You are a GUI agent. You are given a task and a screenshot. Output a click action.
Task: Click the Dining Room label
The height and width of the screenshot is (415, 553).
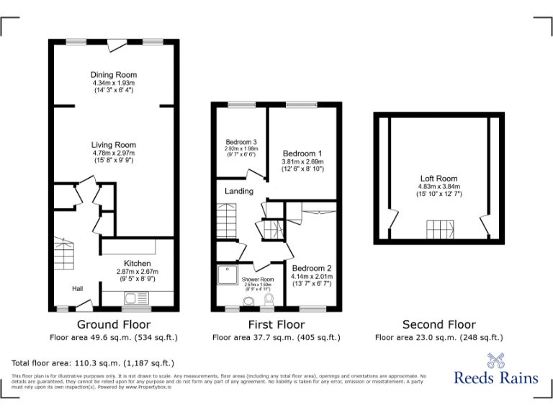click(x=114, y=75)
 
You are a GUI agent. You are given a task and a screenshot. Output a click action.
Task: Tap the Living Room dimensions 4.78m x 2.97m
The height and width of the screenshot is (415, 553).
click(x=114, y=153)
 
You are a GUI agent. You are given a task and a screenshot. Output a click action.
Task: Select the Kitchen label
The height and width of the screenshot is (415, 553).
click(x=137, y=263)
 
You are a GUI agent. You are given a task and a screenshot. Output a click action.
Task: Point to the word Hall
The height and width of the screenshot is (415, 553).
click(x=78, y=288)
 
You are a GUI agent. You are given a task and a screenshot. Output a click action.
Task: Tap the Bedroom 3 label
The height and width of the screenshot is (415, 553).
click(x=241, y=142)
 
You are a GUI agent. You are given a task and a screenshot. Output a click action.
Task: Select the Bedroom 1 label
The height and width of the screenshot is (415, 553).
click(x=302, y=153)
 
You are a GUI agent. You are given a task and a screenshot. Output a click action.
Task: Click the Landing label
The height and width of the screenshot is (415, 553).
click(x=239, y=192)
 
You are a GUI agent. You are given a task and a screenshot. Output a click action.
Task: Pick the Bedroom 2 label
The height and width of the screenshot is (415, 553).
click(x=311, y=267)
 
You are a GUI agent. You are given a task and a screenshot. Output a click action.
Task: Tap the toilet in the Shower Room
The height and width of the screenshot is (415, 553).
click(x=269, y=299)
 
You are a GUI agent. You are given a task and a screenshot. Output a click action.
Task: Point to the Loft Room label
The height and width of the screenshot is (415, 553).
click(x=439, y=179)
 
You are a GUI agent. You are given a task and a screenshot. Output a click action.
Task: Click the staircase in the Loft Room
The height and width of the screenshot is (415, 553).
click(x=439, y=230)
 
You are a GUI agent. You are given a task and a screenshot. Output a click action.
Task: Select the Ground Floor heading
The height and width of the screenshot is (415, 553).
click(x=114, y=325)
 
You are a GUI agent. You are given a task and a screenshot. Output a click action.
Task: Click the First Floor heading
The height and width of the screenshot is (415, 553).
click(x=276, y=325)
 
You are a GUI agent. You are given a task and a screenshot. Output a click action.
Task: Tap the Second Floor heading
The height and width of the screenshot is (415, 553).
click(x=439, y=325)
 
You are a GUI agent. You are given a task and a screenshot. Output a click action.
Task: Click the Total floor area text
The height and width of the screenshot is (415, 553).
click(x=93, y=363)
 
